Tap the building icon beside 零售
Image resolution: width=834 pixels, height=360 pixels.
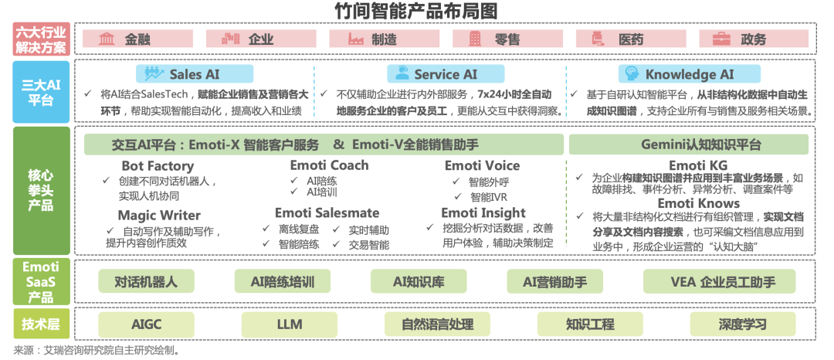[x=476, y=39]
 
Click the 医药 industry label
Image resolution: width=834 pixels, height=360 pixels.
[x=630, y=39]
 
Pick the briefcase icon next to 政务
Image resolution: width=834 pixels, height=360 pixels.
[x=722, y=39]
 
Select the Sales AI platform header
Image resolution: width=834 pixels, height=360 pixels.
[x=195, y=74]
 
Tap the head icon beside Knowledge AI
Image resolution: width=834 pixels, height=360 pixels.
[x=632, y=74]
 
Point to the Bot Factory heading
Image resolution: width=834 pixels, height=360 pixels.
[x=158, y=166]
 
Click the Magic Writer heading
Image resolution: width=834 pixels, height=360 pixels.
[x=159, y=216]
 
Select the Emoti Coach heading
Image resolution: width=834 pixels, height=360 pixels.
[x=329, y=165]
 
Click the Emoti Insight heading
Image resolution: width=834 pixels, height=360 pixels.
[x=483, y=212]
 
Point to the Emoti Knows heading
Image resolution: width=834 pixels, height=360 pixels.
[x=698, y=203]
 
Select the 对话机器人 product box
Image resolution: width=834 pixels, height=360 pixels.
[x=145, y=281]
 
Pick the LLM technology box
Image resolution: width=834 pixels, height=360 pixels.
[x=290, y=324]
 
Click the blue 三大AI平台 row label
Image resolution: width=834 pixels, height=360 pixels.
[x=41, y=92]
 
